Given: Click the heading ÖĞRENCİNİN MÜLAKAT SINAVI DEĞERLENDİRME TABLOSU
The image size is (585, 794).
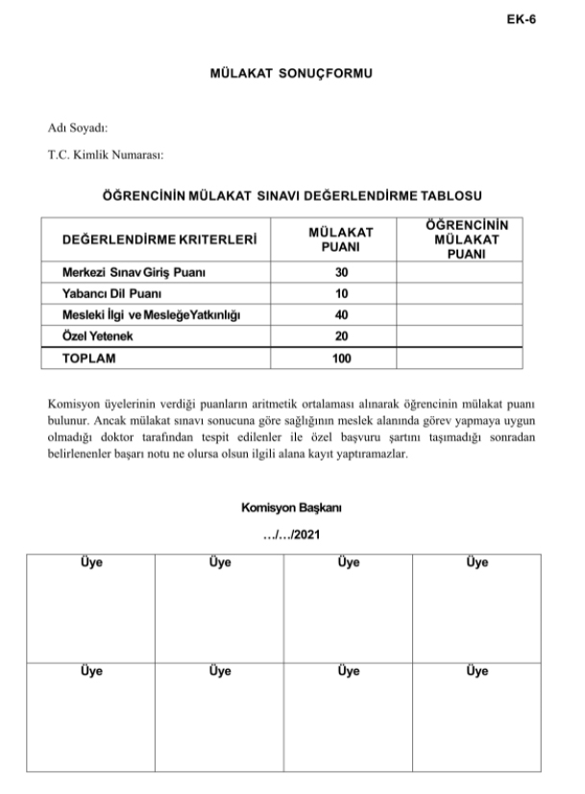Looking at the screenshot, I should pos(291,195).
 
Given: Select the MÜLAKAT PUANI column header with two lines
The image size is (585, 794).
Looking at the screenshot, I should pos(340,239).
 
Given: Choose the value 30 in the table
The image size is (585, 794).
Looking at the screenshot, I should pos(341,273).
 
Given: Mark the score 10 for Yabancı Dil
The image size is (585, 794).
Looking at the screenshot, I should pos(341,292).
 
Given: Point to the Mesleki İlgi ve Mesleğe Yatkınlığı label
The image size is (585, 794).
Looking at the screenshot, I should pos(151,314).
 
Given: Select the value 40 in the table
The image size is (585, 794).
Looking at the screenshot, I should pos(341,314).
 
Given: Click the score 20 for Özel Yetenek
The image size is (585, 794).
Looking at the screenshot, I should pos(341,336).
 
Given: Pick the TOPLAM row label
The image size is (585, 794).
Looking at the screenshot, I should pos(88,359).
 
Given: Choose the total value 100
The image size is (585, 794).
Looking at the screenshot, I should pos(341,359).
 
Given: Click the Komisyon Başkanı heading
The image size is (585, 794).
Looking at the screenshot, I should pos(291,507).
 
